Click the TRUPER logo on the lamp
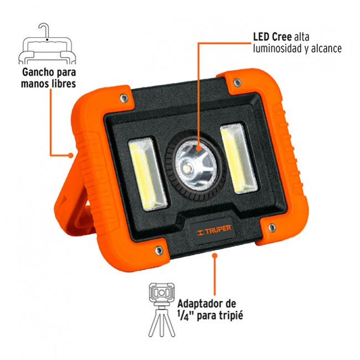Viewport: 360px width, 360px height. tap(214, 230)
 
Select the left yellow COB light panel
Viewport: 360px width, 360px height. tap(147, 174)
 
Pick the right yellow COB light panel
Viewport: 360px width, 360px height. tap(239, 158)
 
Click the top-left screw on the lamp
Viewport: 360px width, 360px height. tap(124, 98)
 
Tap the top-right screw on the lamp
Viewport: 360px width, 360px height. tap(237, 82)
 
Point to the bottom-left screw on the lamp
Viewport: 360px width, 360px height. tap(158, 250)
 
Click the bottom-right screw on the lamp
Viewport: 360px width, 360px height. tap(272, 228)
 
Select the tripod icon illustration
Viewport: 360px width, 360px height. tap(162, 310)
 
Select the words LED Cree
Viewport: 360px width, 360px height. tap(272, 37)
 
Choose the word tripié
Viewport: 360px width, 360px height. tap(230, 316)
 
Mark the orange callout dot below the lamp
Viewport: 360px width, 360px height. tap(215, 255)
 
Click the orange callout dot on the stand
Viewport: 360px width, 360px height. tap(70, 156)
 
